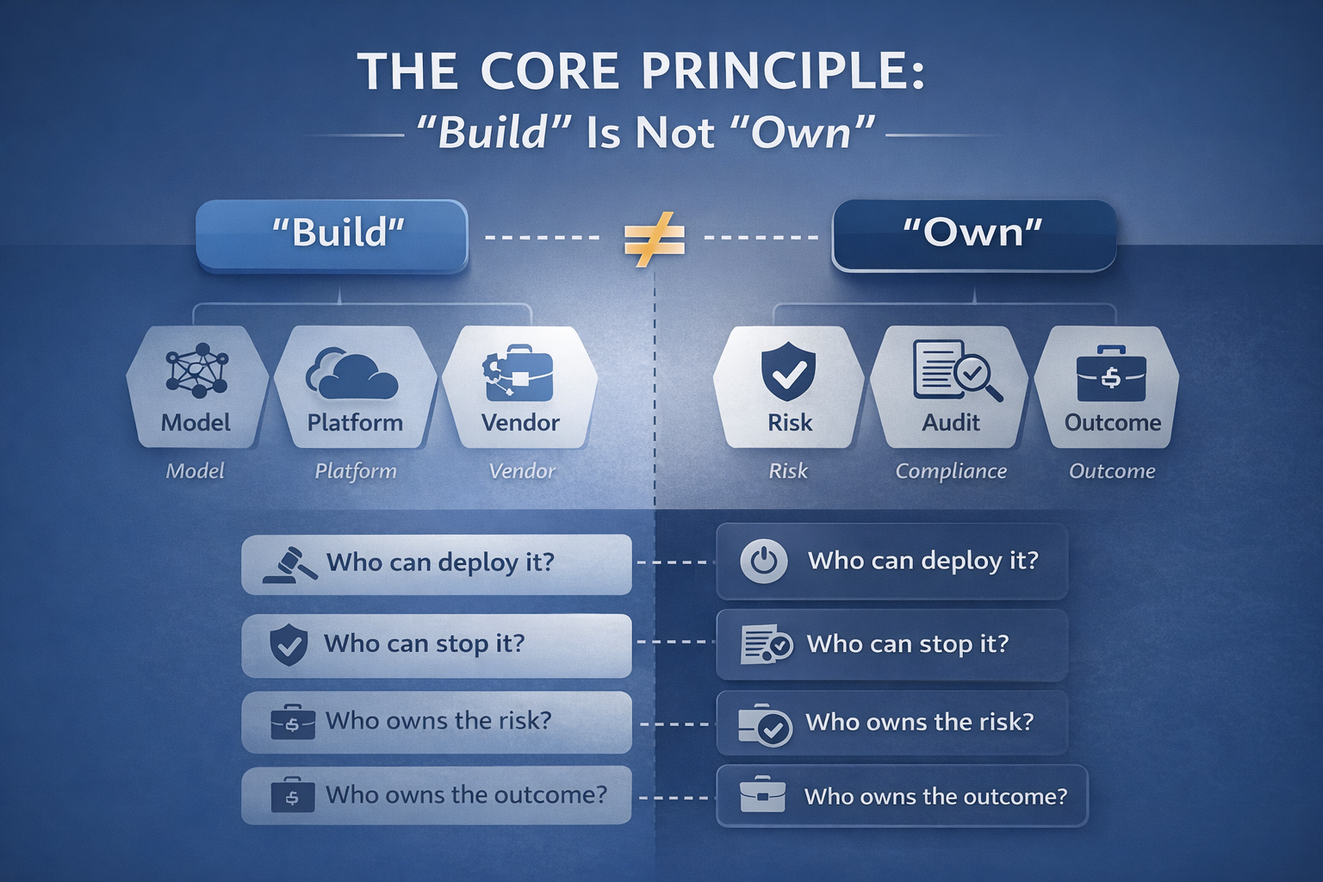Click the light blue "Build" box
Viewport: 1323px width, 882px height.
point(332,235)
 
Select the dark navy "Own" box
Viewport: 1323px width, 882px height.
point(973,234)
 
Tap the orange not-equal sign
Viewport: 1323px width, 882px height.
point(654,239)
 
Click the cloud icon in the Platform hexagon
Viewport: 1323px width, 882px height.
point(352,374)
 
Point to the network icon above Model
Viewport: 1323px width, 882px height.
point(196,370)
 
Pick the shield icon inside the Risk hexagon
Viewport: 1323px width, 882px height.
point(788,371)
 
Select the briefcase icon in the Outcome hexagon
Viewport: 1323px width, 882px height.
point(1111,374)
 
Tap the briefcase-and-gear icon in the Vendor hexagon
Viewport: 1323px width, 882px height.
point(519,374)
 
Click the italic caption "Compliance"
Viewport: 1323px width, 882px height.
point(950,471)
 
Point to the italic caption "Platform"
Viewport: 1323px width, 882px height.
point(355,471)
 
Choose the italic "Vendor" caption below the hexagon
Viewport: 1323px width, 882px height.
point(521,471)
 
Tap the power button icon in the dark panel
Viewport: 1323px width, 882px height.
point(763,562)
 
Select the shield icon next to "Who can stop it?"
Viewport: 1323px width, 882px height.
point(289,645)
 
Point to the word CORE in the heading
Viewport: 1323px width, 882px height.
point(550,71)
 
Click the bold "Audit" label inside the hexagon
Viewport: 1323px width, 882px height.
point(950,423)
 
